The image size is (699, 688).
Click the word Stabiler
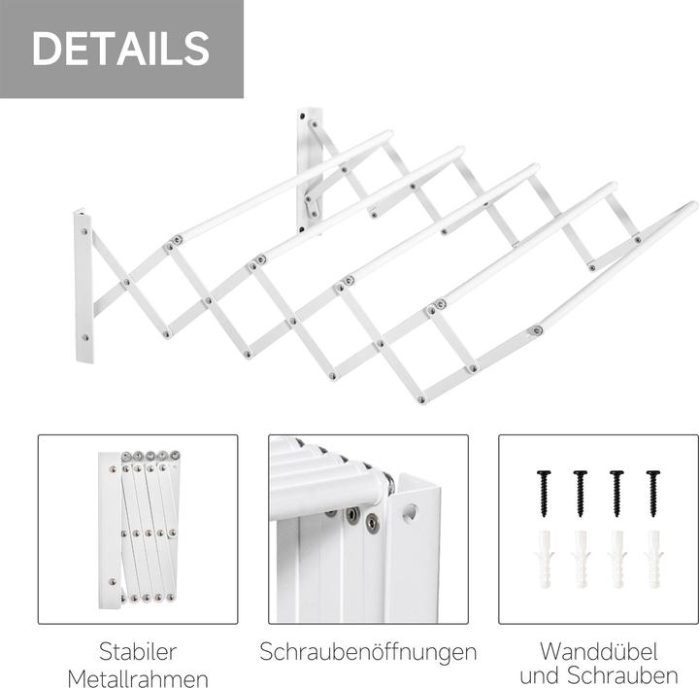click(138, 650)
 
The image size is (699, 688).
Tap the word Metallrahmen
click(138, 676)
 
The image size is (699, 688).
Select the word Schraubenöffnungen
click(368, 651)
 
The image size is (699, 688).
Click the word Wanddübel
click(598, 650)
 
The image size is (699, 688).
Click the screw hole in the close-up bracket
click(409, 510)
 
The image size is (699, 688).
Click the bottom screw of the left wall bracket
click(85, 338)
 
